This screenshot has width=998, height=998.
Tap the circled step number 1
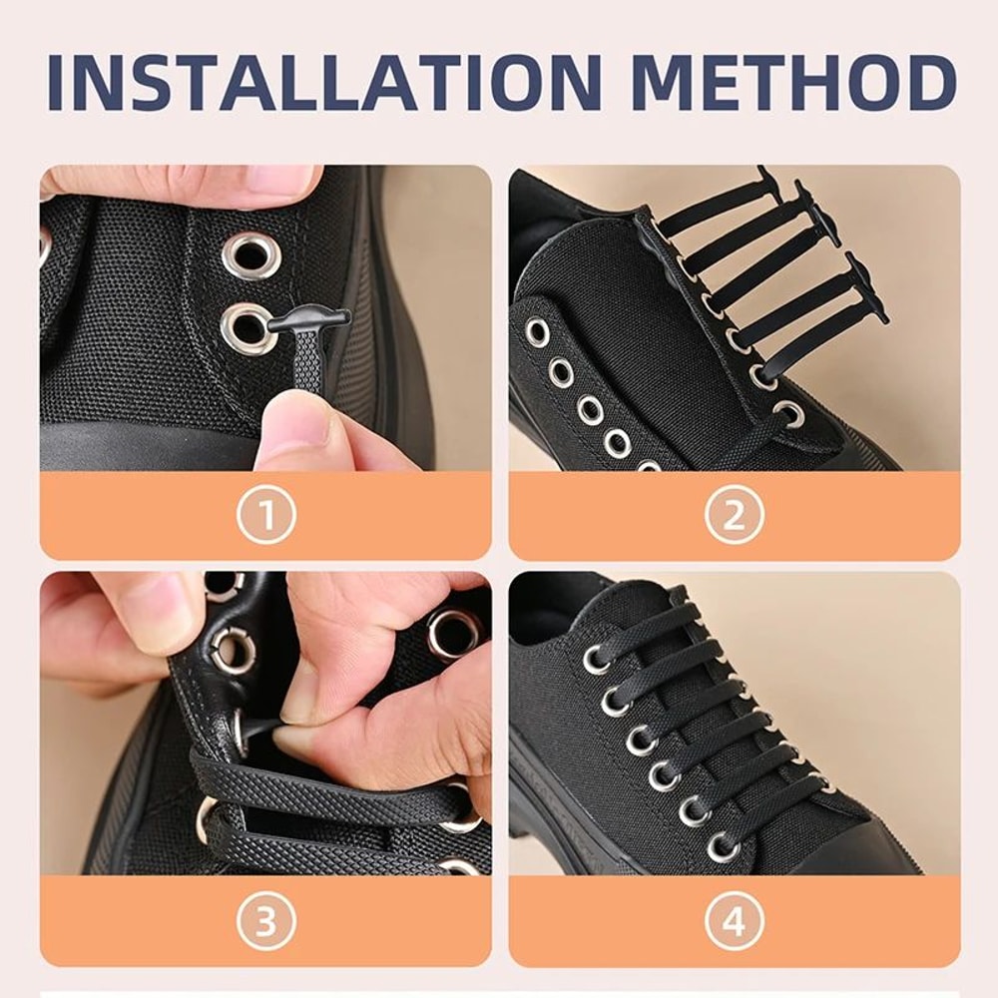[265, 516]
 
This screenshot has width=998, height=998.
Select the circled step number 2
[734, 516]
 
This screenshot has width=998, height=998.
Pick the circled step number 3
[265, 923]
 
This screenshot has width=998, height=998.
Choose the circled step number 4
[734, 923]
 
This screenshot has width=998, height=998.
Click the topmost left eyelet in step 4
[596, 660]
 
